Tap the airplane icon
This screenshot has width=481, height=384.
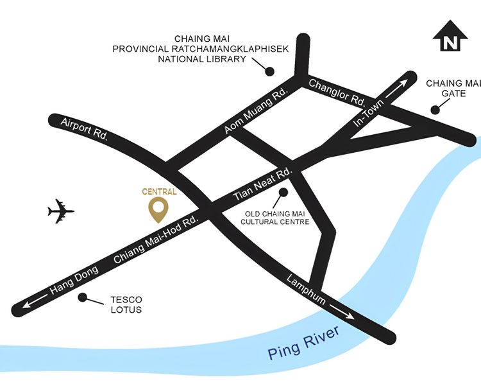pos(61,211)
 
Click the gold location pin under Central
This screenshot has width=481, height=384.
pos(158,209)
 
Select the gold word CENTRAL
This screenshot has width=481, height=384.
pos(159,191)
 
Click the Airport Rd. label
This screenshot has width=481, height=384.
pos(84,130)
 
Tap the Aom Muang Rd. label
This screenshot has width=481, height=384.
pos(255,112)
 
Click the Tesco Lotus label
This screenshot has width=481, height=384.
pos(126,305)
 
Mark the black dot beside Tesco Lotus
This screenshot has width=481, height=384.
pos(81,297)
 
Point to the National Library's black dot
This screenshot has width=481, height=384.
pos(270,71)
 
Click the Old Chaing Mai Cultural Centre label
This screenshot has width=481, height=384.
pos(274,218)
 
